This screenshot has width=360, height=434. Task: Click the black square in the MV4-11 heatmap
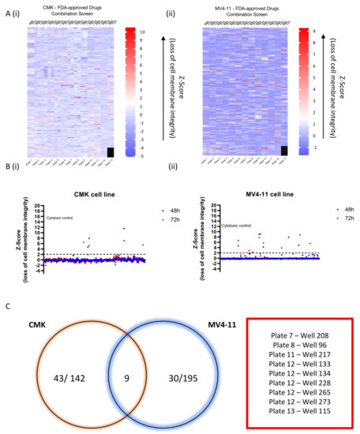pos(284,151)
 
